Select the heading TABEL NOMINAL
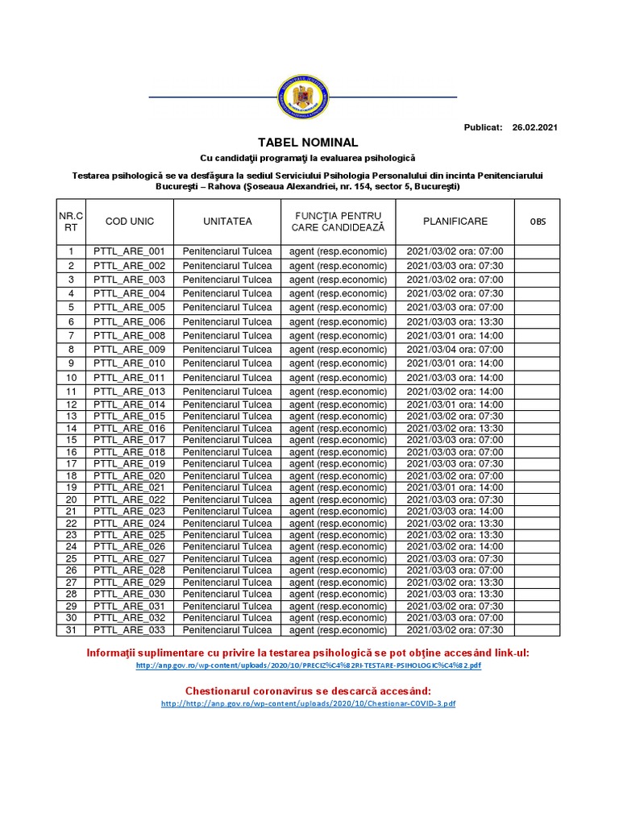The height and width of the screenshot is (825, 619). pos(308,143)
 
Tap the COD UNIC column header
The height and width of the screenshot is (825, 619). pos(129,222)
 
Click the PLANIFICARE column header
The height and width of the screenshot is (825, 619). pos(455,222)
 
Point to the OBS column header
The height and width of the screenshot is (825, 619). pos(537,222)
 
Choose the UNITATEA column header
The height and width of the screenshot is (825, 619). pos(227,222)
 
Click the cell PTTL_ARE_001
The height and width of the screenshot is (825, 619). pos(129,251)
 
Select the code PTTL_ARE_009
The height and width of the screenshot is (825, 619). pos(129,350)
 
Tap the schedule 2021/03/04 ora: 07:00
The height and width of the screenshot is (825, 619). pos(455,350)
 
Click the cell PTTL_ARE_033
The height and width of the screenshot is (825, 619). pos(129,630)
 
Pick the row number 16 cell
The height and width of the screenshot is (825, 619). pos(71,452)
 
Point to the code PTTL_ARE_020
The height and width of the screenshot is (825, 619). pos(129,476)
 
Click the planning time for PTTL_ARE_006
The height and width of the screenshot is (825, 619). pos(455,321)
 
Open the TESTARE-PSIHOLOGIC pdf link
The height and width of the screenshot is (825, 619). pos(308,666)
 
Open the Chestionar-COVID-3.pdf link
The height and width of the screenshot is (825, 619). pos(308,703)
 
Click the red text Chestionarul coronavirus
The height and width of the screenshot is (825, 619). pos(308,691)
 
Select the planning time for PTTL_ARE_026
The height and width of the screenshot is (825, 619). pos(455,547)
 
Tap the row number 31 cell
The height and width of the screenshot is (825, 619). pos(71,630)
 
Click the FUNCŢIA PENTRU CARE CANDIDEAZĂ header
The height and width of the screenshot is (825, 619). pos(339,222)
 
